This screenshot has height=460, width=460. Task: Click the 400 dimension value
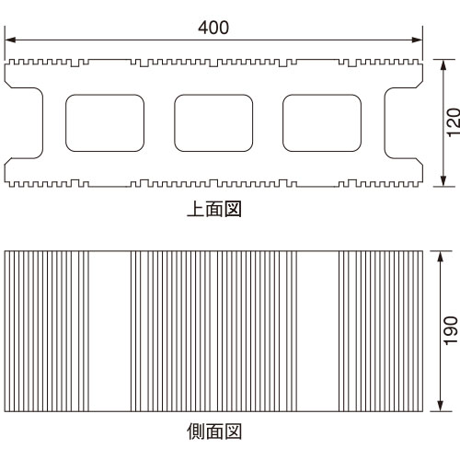coord(213,28)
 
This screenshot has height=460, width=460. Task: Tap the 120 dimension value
coord(454,122)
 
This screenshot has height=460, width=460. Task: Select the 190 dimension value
coord(451,330)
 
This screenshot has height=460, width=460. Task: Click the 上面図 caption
coord(214,209)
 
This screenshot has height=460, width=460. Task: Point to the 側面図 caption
coord(214,431)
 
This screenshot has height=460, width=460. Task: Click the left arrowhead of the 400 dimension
coord(10,40)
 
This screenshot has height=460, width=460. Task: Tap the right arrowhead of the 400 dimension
coord(417,40)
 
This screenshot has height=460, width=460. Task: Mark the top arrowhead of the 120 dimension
coord(443,65)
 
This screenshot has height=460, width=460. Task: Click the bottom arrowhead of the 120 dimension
coord(443,181)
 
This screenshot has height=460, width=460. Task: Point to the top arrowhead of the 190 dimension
coord(441,257)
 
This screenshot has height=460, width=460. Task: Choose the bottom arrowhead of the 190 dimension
coord(441,406)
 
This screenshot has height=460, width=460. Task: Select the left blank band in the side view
coord(109,331)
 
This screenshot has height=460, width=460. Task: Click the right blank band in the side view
coord(317,331)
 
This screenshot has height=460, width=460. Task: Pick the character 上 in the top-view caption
coord(196,209)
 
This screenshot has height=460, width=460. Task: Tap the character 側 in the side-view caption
coord(196,431)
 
